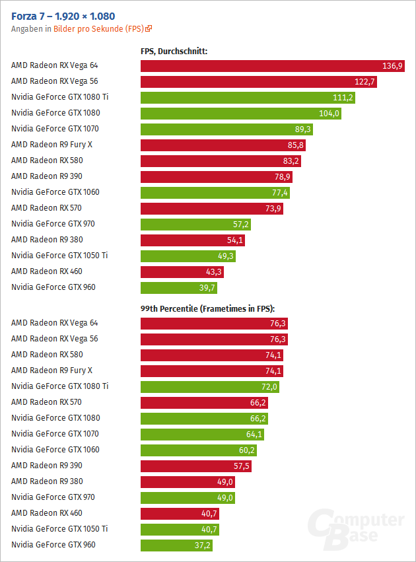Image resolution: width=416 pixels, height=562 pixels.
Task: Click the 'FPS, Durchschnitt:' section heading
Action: point(174,50)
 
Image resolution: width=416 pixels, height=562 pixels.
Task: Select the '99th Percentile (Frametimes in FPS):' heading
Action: point(207,308)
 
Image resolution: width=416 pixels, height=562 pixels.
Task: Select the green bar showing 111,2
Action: point(248,97)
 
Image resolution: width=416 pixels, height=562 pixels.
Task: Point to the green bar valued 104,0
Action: point(241,113)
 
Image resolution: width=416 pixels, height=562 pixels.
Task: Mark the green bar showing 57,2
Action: point(195,224)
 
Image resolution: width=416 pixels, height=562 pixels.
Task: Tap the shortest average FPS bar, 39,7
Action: point(179,287)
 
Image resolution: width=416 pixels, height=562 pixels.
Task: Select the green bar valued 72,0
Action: point(211,386)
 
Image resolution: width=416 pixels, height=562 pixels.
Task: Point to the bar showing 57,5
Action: point(196,466)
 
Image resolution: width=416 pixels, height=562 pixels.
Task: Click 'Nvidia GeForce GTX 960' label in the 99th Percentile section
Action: point(53,545)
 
